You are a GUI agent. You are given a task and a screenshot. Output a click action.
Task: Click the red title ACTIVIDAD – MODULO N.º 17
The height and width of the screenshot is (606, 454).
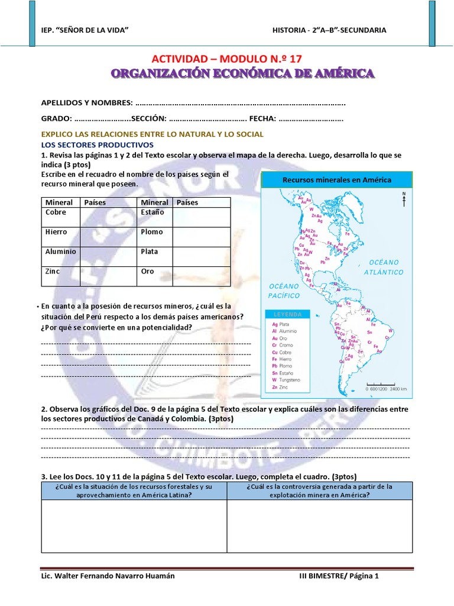231,59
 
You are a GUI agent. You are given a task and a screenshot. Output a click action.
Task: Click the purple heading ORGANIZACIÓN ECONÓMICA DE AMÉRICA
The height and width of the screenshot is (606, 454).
243,73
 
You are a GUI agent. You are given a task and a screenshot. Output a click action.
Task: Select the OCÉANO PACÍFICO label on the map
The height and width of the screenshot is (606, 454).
284,290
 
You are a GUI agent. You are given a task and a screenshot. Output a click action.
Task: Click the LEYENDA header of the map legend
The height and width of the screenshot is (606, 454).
287,314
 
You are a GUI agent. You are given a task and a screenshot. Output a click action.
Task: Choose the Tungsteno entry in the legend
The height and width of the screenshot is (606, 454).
288,379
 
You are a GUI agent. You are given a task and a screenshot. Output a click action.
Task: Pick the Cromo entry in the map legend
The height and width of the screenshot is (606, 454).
286,344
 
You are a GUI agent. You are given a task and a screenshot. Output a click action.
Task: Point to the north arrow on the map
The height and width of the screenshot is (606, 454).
404,199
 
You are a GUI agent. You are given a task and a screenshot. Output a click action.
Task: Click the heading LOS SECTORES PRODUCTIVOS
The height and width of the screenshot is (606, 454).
97,144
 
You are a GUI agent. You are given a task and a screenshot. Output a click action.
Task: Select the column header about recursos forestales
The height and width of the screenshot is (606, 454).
133,491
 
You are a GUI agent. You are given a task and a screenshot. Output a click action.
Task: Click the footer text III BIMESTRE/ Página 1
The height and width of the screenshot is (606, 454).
338,576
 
